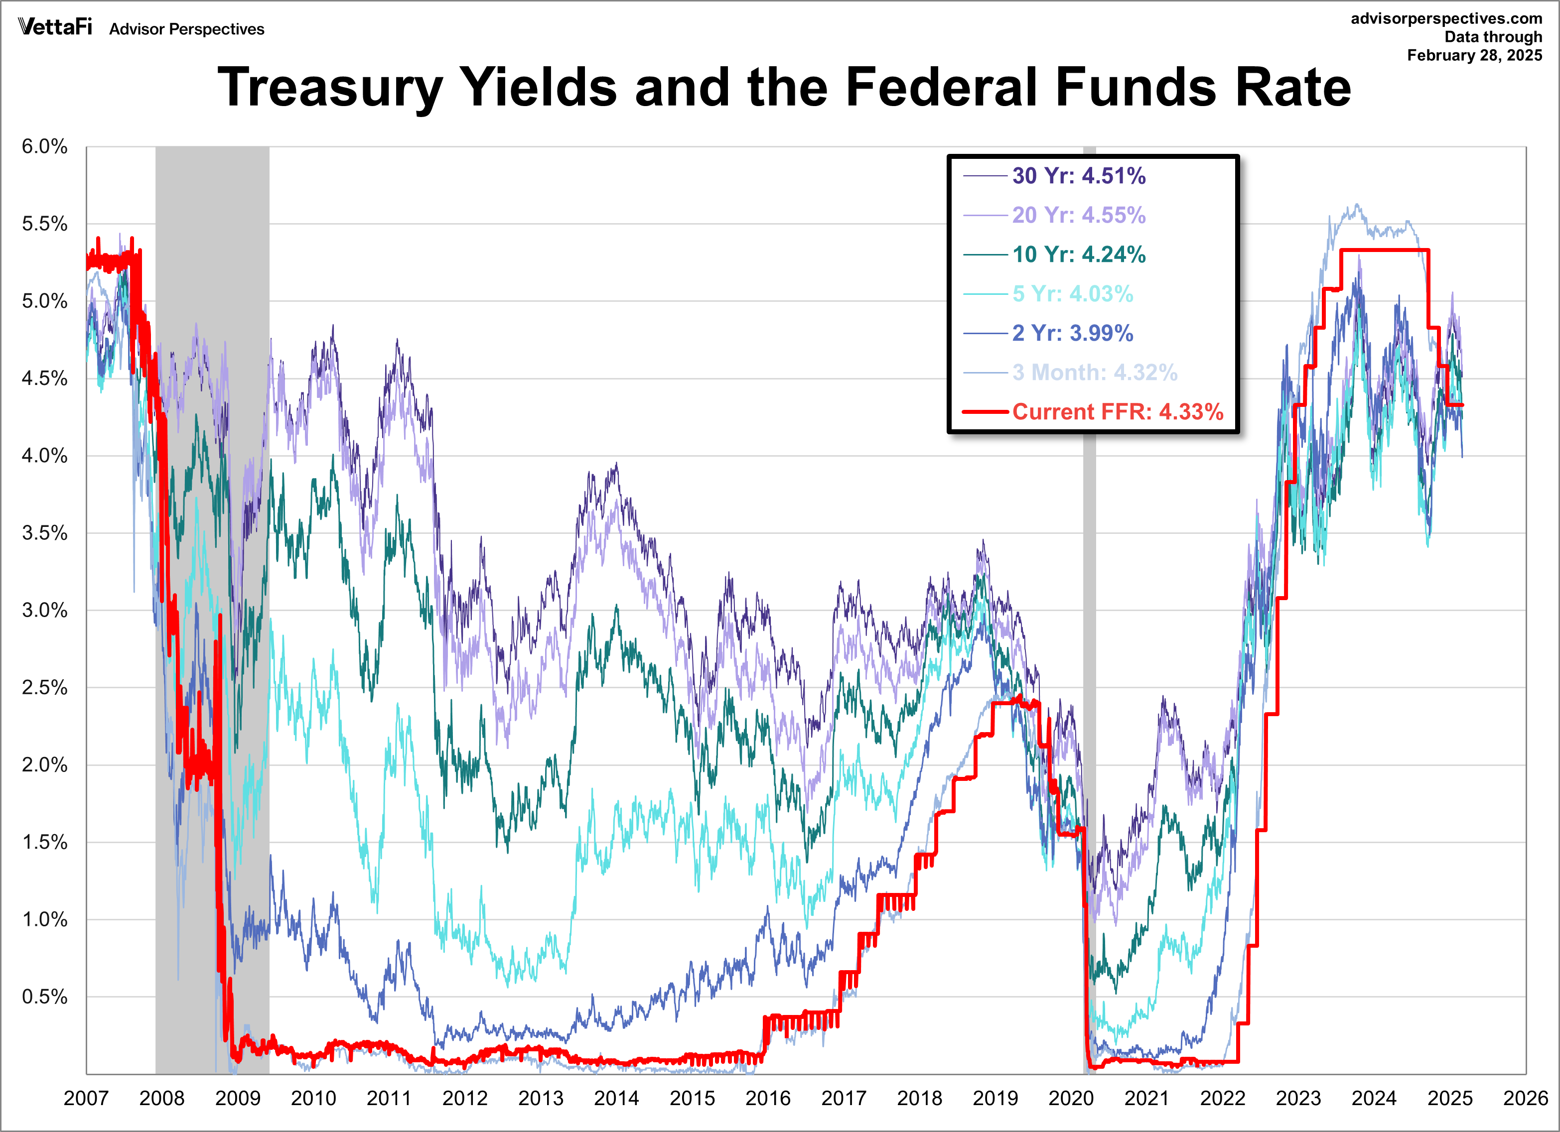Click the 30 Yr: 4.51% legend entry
1078,176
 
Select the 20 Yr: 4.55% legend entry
1078,215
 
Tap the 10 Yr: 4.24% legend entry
1078,254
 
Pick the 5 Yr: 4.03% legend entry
1072,294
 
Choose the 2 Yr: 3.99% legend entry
1072,333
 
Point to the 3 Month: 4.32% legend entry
1094,372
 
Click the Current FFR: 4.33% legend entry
1117,411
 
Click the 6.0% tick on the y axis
45,146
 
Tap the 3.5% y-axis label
45,533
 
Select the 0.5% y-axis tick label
45,997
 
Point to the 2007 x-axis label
86,1098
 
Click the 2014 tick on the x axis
616,1098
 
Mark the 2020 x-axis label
1071,1098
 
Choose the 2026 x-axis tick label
1525,1098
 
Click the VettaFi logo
55,27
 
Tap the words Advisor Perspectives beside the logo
186,29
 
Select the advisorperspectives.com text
1446,18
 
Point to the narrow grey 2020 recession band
1090,619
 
